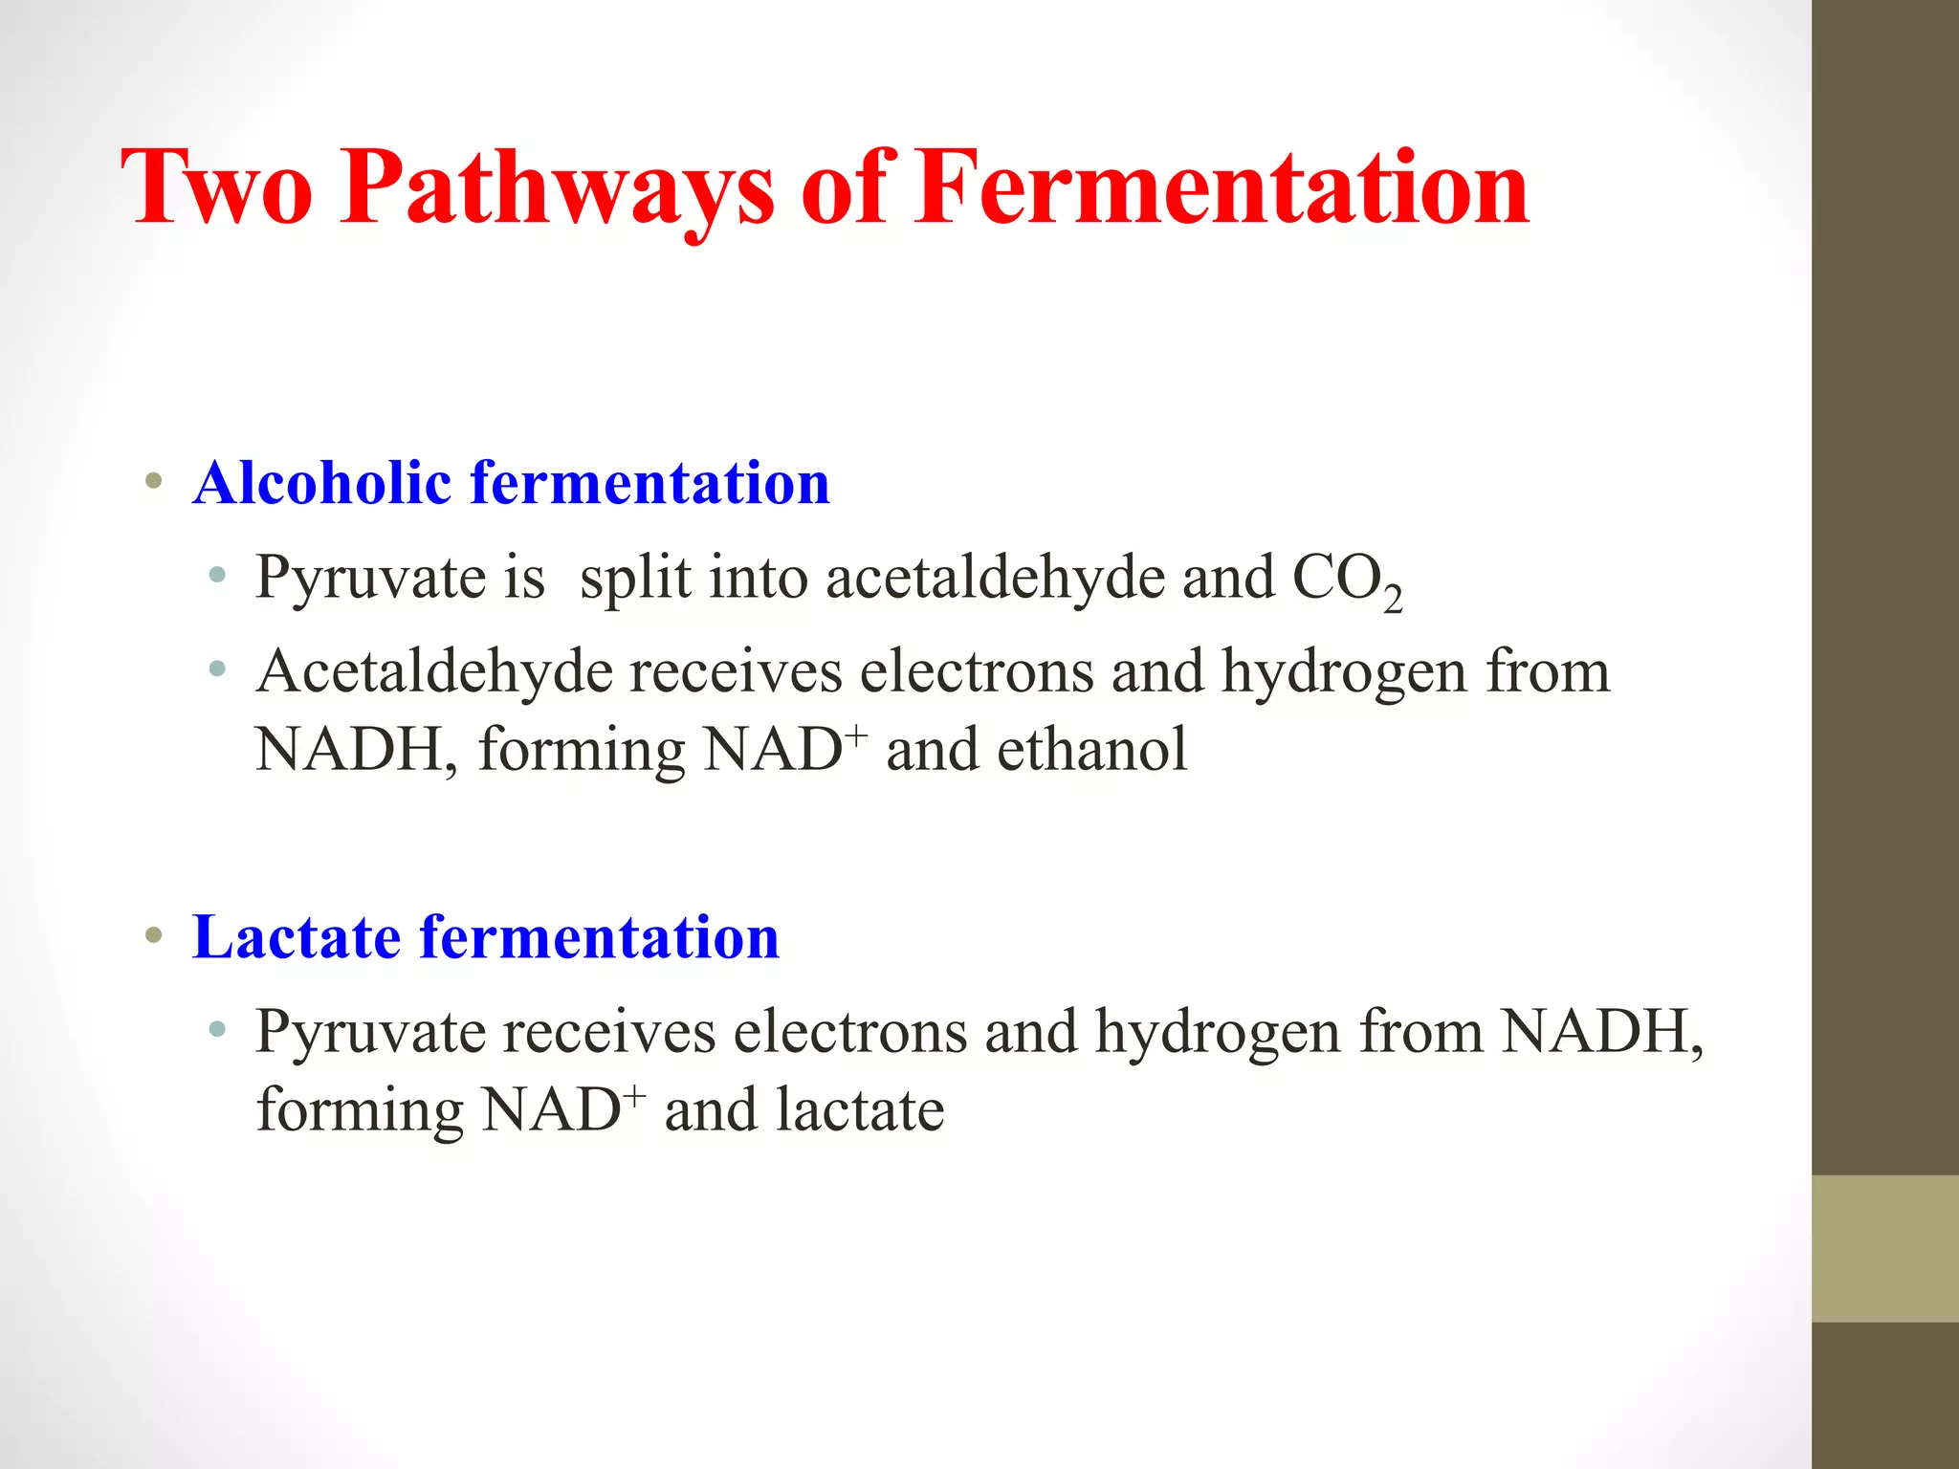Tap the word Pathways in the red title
click(x=557, y=188)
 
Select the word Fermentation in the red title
click(x=1222, y=188)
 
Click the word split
click(x=635, y=579)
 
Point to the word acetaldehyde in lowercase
click(x=995, y=579)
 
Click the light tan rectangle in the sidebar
click(x=1885, y=1249)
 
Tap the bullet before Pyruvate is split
click(x=218, y=576)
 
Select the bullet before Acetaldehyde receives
click(x=218, y=669)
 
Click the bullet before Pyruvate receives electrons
click(x=218, y=1030)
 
